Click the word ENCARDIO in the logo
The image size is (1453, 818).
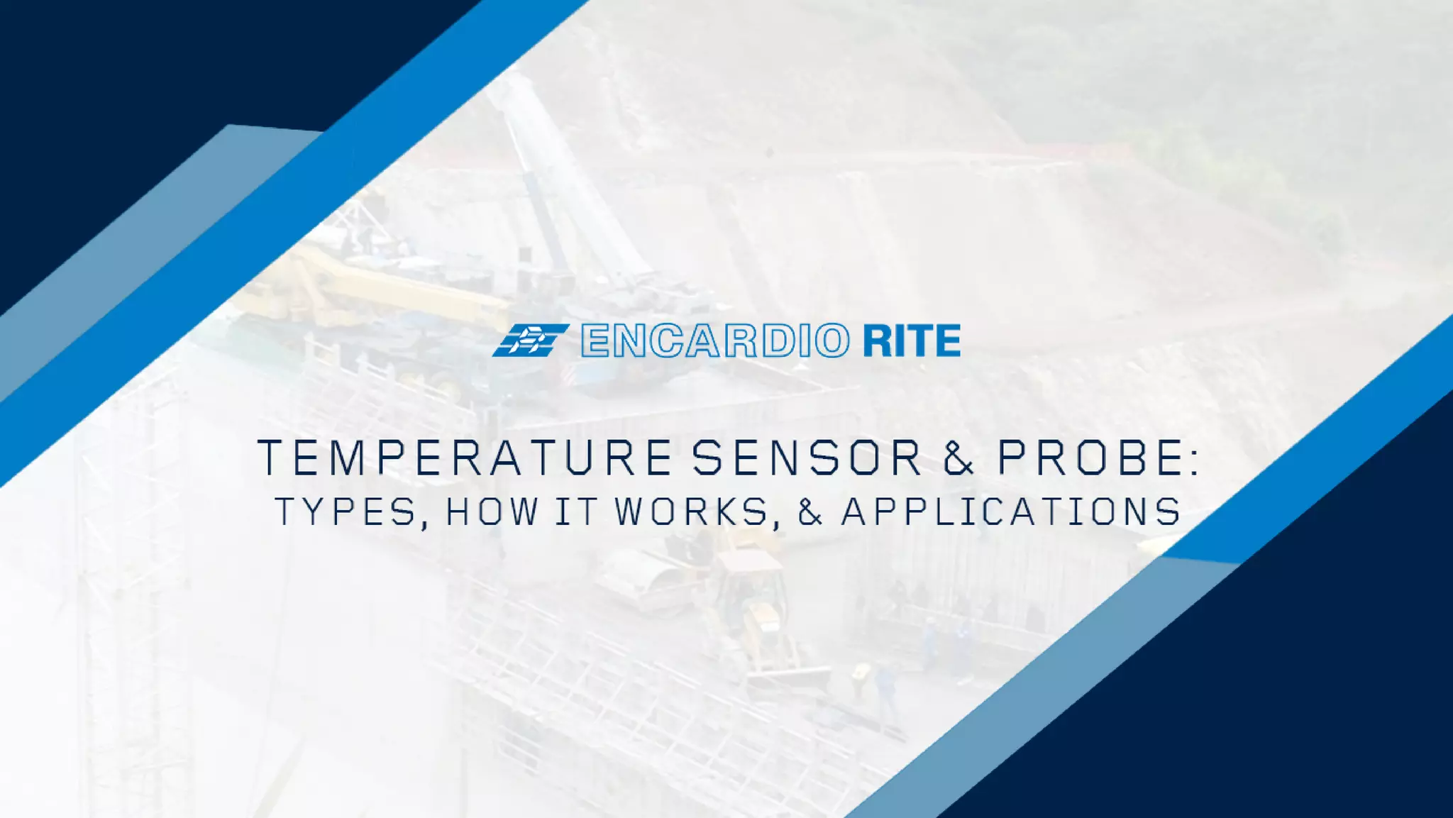714,341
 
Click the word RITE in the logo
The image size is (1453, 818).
912,341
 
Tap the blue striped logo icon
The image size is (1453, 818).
530,341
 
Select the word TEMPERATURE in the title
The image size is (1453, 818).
464,458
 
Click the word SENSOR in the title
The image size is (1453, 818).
807,458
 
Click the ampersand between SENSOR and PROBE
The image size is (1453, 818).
958,458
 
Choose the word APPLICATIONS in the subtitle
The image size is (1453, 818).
1012,512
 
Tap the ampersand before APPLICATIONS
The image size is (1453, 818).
810,512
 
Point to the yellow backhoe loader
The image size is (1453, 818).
752,603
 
